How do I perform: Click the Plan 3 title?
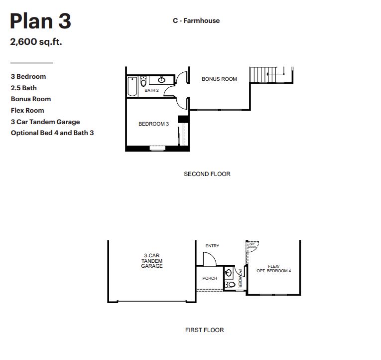pyautogui.click(x=40, y=21)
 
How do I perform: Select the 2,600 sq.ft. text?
pyautogui.click(x=36, y=41)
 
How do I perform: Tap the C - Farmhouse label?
pyautogui.click(x=196, y=20)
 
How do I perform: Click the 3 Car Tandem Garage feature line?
pyautogui.click(x=45, y=122)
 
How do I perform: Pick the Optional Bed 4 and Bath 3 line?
pyautogui.click(x=52, y=133)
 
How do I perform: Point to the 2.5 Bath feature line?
pyautogui.click(x=23, y=88)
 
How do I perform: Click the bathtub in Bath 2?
pyautogui.click(x=132, y=86)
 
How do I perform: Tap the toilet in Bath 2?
pyautogui.click(x=143, y=81)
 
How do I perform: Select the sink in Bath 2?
pyautogui.click(x=161, y=80)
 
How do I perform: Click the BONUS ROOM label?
pyautogui.click(x=219, y=79)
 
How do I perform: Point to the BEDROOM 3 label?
pyautogui.click(x=153, y=124)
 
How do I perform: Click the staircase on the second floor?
pyautogui.click(x=263, y=75)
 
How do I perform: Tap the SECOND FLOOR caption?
pyautogui.click(x=207, y=174)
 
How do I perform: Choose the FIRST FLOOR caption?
pyautogui.click(x=204, y=330)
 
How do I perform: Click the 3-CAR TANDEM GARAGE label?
pyautogui.click(x=152, y=261)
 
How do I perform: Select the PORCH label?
pyautogui.click(x=210, y=278)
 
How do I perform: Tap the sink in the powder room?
pyautogui.click(x=228, y=272)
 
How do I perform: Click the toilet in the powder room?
pyautogui.click(x=230, y=285)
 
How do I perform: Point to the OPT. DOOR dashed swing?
pyautogui.click(x=253, y=246)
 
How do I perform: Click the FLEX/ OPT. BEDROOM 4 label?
pyautogui.click(x=273, y=269)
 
